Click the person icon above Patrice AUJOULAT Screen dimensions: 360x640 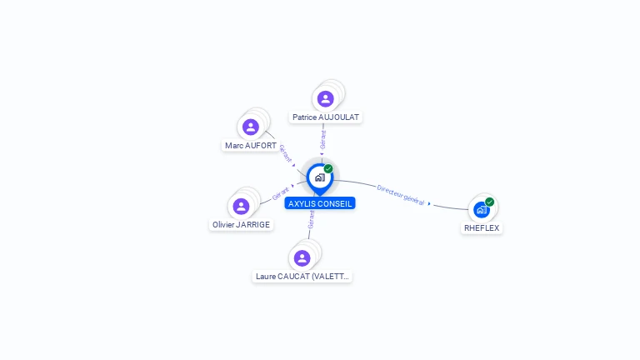[326, 99]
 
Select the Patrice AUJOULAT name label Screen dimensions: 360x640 [326, 117]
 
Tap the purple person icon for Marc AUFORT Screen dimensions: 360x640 [251, 127]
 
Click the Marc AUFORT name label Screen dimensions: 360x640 [251, 146]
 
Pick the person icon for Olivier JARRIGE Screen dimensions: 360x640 [241, 206]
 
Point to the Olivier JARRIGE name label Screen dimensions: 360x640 [241, 224]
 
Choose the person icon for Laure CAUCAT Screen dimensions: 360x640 [302, 257]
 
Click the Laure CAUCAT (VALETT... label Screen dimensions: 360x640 [302, 276]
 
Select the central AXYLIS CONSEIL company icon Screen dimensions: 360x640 [319, 177]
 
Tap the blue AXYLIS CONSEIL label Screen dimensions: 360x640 [320, 203]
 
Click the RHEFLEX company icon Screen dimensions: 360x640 [481, 210]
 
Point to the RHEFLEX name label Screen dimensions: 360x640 [482, 227]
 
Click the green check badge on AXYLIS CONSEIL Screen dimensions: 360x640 [328, 168]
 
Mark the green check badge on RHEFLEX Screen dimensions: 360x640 [490, 202]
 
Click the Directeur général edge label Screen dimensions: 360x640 [401, 195]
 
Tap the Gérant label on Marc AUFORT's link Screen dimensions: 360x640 [286, 153]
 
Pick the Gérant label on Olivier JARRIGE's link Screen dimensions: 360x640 [281, 192]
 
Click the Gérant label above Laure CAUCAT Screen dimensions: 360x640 [311, 219]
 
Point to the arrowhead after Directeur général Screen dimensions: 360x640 [429, 204]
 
